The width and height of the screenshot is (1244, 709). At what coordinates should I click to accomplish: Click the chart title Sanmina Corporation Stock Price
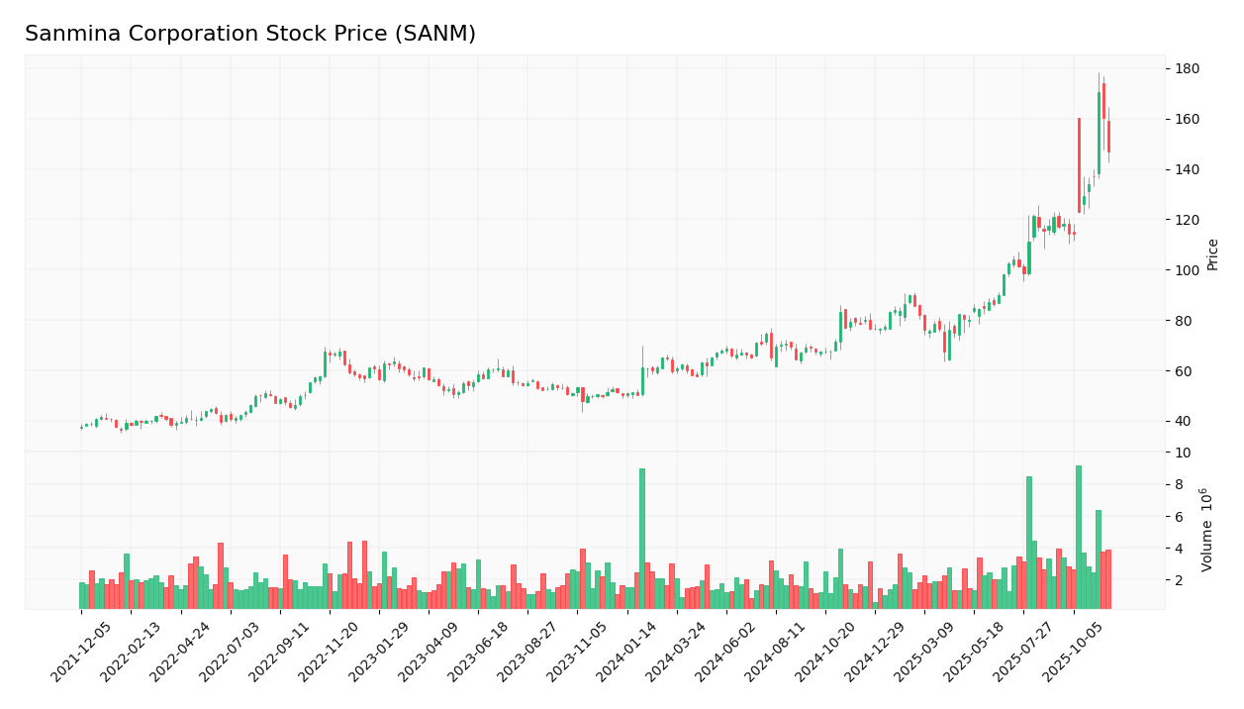tap(250, 35)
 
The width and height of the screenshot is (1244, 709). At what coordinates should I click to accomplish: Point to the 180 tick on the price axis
tap(1187, 69)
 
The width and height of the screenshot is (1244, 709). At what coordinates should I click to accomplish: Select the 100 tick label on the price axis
tap(1187, 270)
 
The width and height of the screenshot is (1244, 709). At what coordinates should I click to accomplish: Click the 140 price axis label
tap(1187, 170)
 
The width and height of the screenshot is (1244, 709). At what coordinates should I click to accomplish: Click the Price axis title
tap(1213, 253)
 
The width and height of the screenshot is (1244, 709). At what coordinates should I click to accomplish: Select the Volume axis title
tap(1208, 529)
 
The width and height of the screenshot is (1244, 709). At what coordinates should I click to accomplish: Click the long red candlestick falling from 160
tap(1079, 165)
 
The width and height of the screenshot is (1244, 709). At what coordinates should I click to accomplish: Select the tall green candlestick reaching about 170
tap(1099, 134)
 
